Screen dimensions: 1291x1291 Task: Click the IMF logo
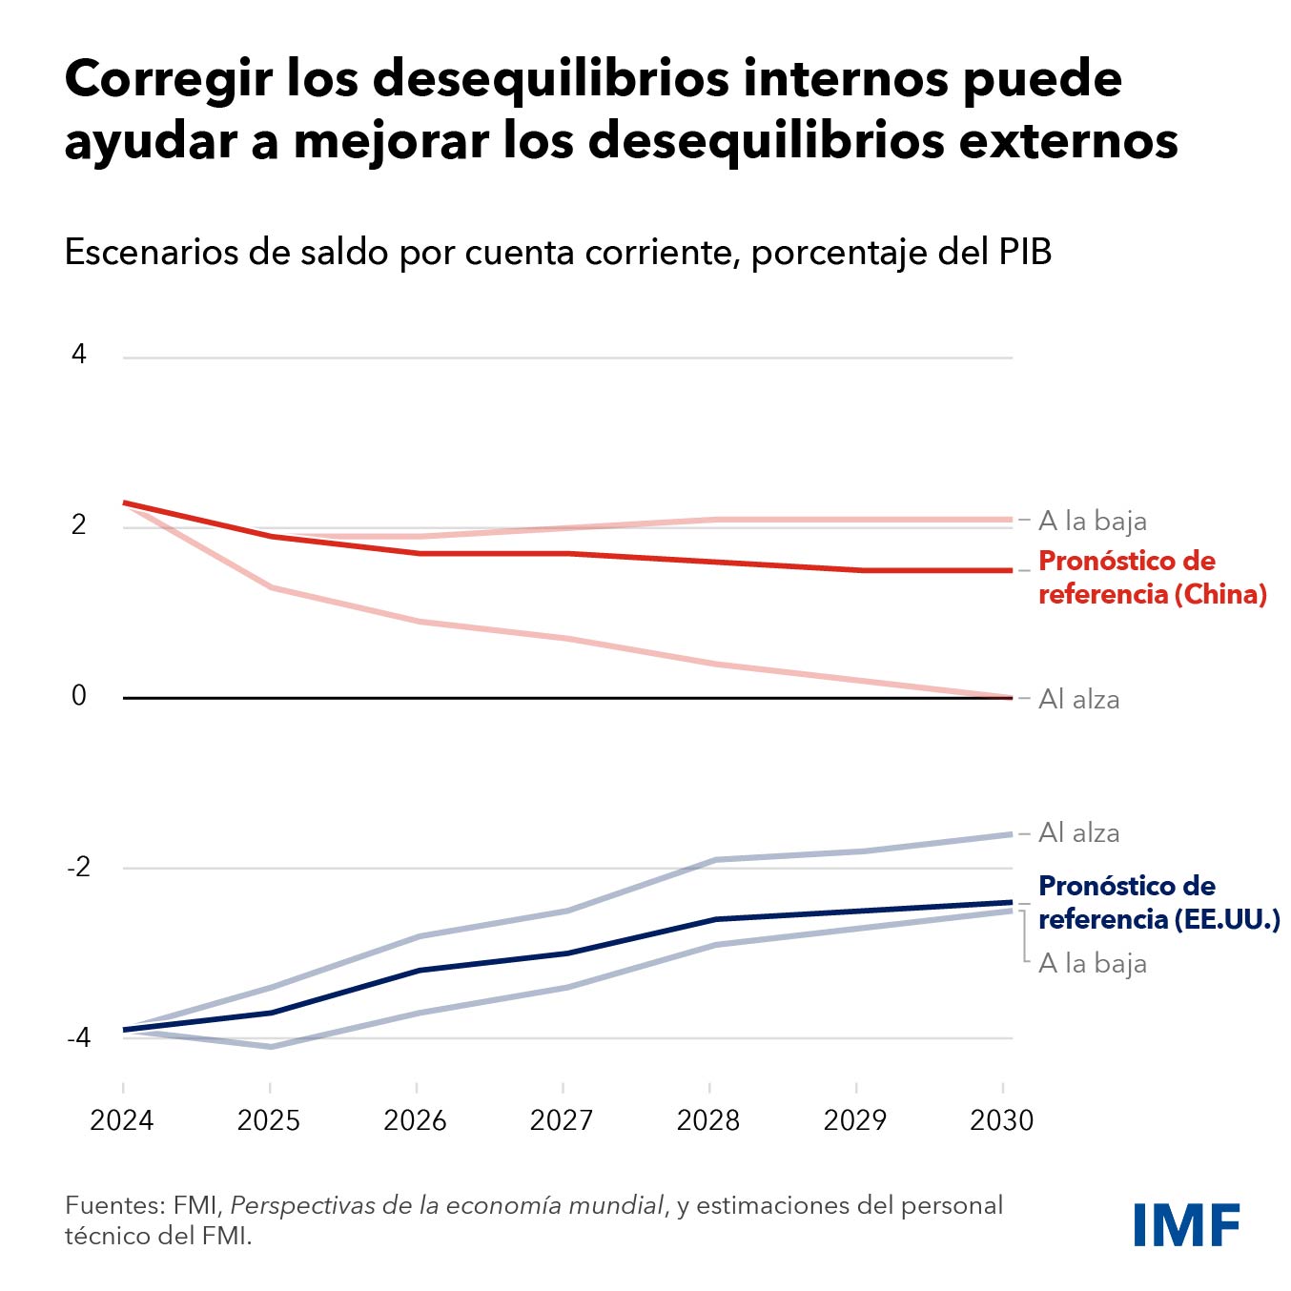coord(1186,1224)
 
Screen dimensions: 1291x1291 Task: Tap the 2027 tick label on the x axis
coord(562,1119)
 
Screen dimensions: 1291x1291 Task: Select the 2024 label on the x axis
coord(122,1119)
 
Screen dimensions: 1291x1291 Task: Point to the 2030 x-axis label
coord(1001,1119)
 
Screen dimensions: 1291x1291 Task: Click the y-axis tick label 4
coord(78,355)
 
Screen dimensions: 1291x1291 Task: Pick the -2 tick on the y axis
coord(78,867)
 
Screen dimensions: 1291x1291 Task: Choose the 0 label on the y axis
coord(78,696)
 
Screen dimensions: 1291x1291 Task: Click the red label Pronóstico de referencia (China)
coord(1152,577)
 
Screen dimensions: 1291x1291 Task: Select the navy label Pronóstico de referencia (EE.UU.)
coord(1158,902)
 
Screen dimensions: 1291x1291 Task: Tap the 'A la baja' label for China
coord(1092,521)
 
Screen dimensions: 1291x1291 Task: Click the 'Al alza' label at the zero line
coord(1078,699)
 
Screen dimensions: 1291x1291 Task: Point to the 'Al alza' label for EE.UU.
coord(1078,832)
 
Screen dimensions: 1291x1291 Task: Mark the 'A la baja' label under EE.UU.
coord(1092,963)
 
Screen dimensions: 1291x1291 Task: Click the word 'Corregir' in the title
coord(168,79)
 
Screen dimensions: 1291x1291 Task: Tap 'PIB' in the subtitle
coord(1025,252)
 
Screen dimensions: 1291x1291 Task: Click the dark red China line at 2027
coord(564,553)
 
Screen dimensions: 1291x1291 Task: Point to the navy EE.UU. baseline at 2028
coord(710,919)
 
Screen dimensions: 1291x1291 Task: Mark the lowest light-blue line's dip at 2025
coord(270,1047)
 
